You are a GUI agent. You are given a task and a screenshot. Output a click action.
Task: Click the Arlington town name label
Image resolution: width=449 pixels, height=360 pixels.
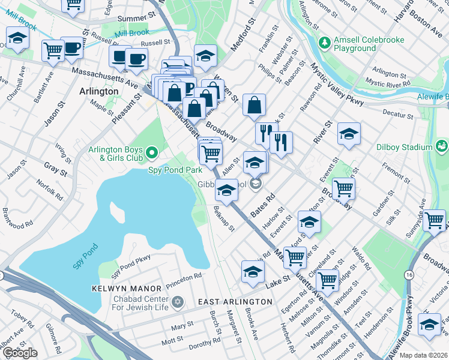click(x=98, y=91)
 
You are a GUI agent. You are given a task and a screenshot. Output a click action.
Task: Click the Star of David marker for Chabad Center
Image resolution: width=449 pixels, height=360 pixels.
click(x=178, y=301)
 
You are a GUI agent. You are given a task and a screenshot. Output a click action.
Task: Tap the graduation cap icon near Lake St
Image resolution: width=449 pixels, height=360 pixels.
click(x=253, y=271)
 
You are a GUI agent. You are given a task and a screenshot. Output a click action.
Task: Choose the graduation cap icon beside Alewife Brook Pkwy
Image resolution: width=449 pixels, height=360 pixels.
click(x=429, y=325)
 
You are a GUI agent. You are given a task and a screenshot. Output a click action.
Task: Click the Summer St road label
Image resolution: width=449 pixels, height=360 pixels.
click(x=133, y=19)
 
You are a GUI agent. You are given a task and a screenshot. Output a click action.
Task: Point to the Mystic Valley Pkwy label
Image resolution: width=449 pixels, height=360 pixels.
click(x=336, y=86)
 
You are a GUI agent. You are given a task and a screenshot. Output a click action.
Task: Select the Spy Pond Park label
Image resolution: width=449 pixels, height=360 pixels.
click(x=175, y=170)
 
